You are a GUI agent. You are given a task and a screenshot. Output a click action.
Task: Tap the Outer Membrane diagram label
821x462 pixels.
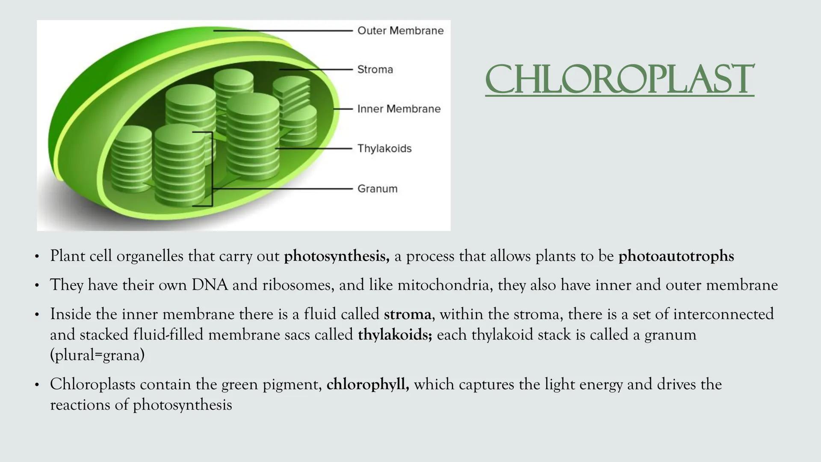[400, 31]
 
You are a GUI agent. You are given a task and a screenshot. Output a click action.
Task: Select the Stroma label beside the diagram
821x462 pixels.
[375, 69]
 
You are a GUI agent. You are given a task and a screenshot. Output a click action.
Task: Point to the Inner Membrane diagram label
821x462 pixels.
[399, 109]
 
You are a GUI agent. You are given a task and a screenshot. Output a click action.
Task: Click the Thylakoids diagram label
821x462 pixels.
[384, 149]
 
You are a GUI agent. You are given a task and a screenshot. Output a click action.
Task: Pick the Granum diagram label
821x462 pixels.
[377, 189]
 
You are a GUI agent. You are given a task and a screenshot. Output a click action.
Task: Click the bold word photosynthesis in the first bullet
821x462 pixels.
[336, 256]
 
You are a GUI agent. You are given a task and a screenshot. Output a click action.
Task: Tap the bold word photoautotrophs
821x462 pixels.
[676, 256]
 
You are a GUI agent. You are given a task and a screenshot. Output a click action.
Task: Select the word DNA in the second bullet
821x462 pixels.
[210, 285]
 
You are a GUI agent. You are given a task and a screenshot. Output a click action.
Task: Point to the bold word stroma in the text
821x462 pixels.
[407, 314]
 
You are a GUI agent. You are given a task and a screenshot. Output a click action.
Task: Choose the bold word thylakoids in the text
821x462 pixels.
[394, 335]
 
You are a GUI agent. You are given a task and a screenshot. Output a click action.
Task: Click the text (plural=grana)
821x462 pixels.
[97, 355]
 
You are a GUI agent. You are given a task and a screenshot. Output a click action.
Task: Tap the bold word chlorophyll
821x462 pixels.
[367, 385]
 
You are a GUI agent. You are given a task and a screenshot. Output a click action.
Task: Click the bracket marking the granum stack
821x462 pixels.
[211, 169]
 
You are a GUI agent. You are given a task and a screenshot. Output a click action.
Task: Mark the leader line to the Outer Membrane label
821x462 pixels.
[282, 31]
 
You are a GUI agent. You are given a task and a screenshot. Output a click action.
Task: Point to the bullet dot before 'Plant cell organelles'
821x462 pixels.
[37, 257]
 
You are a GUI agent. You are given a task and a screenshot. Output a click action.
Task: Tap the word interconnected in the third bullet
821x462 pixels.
[723, 314]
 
